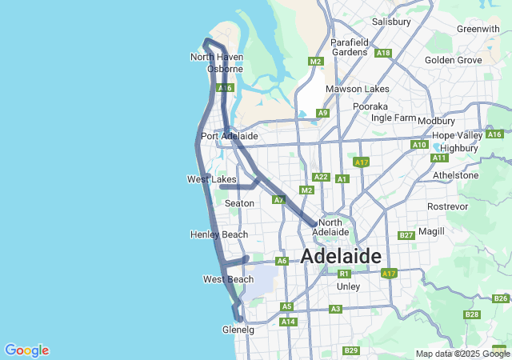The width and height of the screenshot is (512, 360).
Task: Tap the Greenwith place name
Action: [x=478, y=29]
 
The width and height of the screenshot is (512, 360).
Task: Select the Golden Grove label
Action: [x=453, y=60]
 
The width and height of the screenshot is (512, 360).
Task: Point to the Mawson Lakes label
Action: [x=356, y=89]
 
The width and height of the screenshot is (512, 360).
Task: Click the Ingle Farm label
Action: [x=393, y=118]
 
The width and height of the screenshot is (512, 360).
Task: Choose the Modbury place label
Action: [x=436, y=121]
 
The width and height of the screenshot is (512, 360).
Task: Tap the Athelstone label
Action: [x=455, y=175]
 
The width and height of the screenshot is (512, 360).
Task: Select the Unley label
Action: [x=349, y=286]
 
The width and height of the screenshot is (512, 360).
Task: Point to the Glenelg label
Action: [x=238, y=330]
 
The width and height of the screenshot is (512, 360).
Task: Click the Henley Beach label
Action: [x=219, y=234]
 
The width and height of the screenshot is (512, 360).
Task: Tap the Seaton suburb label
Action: [x=239, y=203]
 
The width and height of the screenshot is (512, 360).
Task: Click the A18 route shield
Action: [x=383, y=54]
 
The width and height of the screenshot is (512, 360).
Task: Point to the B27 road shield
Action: [x=406, y=235]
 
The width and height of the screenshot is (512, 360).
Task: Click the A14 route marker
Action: [x=289, y=322]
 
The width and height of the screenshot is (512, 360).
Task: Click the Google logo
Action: [x=26, y=350]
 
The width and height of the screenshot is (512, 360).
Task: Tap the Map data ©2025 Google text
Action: [x=462, y=354]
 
